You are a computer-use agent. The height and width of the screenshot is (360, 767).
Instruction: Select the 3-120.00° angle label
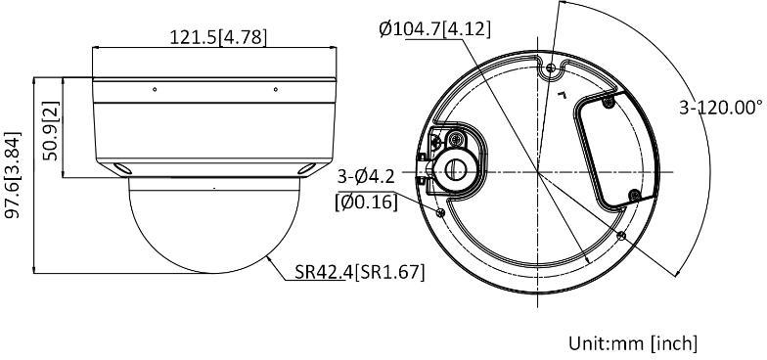(x=721, y=108)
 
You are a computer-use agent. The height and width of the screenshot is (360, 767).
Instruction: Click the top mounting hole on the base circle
(x=551, y=67)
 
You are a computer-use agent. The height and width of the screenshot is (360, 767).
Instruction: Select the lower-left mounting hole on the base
(x=439, y=212)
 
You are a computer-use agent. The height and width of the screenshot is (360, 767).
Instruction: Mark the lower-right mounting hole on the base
(x=623, y=235)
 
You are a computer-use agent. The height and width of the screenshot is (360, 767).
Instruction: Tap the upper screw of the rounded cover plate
(x=608, y=102)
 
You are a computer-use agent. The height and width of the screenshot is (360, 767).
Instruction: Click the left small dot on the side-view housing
(x=154, y=89)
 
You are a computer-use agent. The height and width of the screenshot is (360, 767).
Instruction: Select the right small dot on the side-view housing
(x=275, y=89)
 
